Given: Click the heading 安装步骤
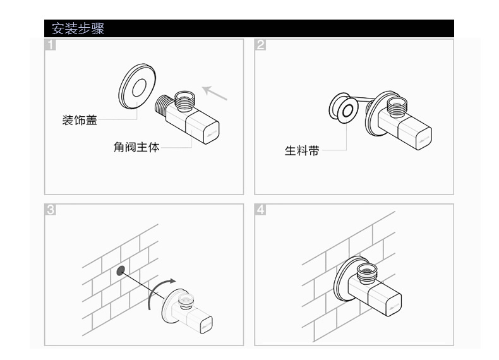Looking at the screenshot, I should click(x=78, y=28).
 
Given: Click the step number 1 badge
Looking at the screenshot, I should click(x=50, y=45).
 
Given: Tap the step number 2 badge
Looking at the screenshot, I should click(x=260, y=45).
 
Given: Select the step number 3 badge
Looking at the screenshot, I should click(x=50, y=210).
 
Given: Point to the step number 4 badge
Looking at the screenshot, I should click(x=260, y=210).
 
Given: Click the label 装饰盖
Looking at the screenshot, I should click(x=80, y=120).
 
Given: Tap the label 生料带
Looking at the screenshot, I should click(x=301, y=152).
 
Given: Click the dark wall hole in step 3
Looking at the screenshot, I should click(x=119, y=272).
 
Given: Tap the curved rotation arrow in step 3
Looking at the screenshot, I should click(x=158, y=293).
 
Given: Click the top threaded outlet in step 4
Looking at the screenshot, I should click(x=366, y=272).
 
